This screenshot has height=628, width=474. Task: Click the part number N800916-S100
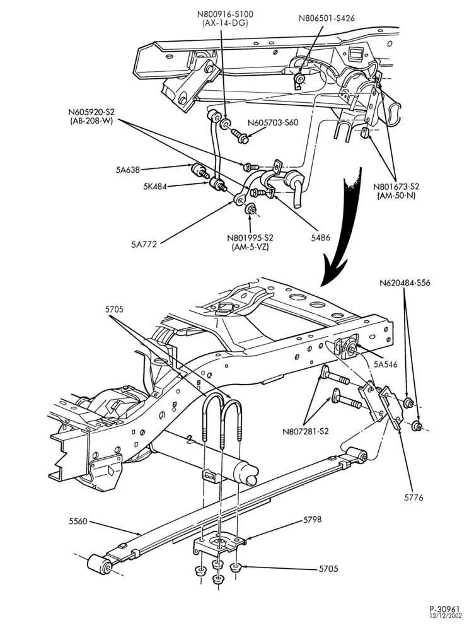click(225, 15)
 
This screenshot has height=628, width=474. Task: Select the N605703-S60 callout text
click(273, 123)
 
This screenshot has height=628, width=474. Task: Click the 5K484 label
click(154, 186)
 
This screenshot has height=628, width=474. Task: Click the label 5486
click(320, 238)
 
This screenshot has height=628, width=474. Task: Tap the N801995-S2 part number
click(250, 238)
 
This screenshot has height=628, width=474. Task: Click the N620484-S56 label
click(405, 283)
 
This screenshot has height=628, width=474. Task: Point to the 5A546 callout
click(386, 364)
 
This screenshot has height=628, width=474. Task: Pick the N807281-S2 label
click(306, 431)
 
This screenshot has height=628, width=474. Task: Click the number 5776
click(413, 498)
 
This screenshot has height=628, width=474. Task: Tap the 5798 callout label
click(312, 520)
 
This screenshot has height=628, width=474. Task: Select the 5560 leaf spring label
click(78, 521)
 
